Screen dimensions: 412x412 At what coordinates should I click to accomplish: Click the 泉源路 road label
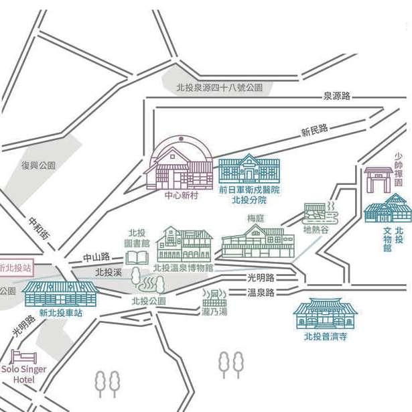(336, 96)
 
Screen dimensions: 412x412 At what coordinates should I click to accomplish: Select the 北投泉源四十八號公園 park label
(219, 87)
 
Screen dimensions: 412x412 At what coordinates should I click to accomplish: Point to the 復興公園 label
(38, 165)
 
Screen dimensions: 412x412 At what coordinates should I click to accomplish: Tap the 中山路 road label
(95, 257)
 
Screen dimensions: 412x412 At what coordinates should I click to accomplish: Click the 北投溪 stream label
(108, 272)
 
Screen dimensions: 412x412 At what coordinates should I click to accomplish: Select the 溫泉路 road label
(261, 293)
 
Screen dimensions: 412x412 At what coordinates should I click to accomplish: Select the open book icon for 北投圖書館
(137, 257)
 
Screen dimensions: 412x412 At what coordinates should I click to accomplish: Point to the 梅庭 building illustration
(257, 241)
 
